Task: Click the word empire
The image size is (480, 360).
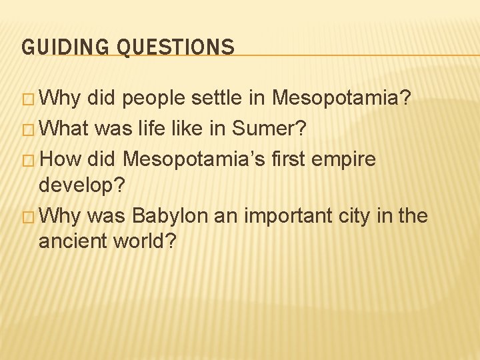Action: [x=342, y=160]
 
